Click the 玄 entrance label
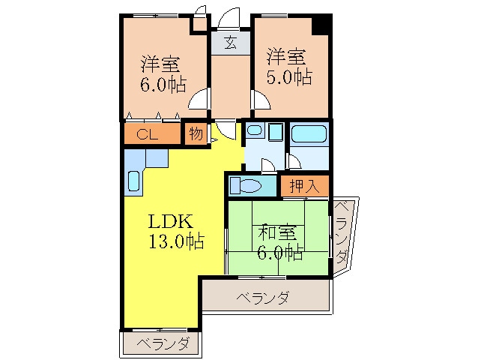[230, 42]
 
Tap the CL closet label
[147, 135]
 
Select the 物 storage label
[196, 135]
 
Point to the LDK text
[171, 222]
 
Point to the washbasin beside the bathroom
[254, 132]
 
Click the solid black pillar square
[321, 23]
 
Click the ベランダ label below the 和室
[263, 298]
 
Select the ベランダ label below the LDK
[163, 344]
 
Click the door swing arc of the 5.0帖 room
[259, 99]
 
